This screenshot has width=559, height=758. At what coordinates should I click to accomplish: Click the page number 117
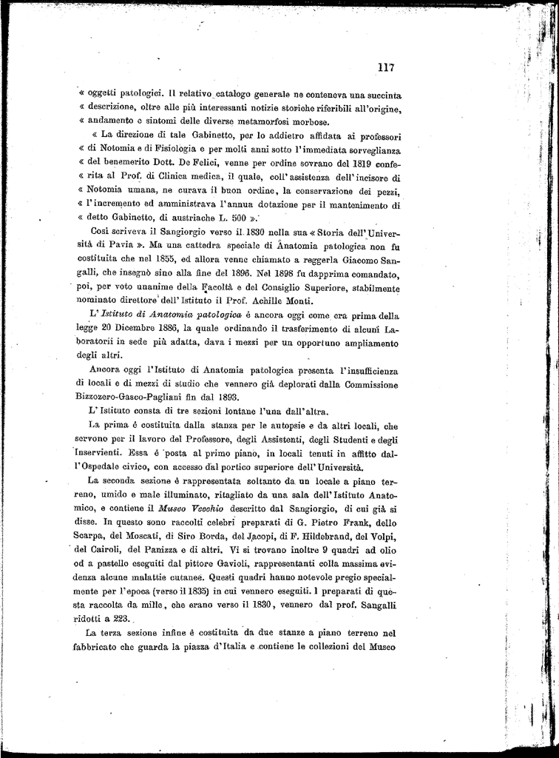click(384, 67)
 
